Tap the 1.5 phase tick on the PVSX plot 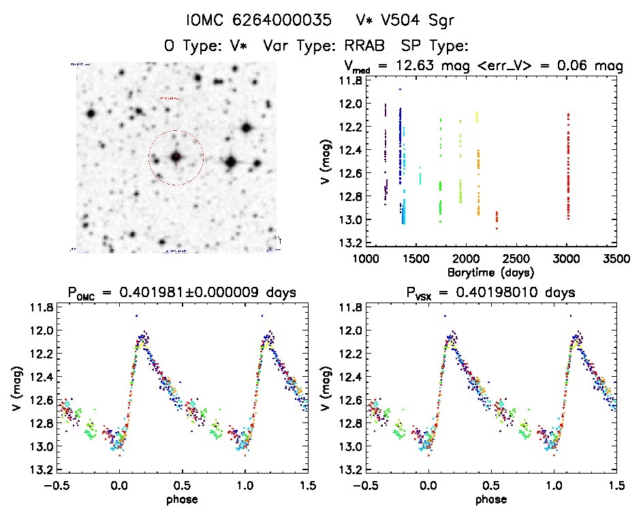pos(616,485)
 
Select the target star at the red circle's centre pos(176,157)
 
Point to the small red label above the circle pos(171,98)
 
